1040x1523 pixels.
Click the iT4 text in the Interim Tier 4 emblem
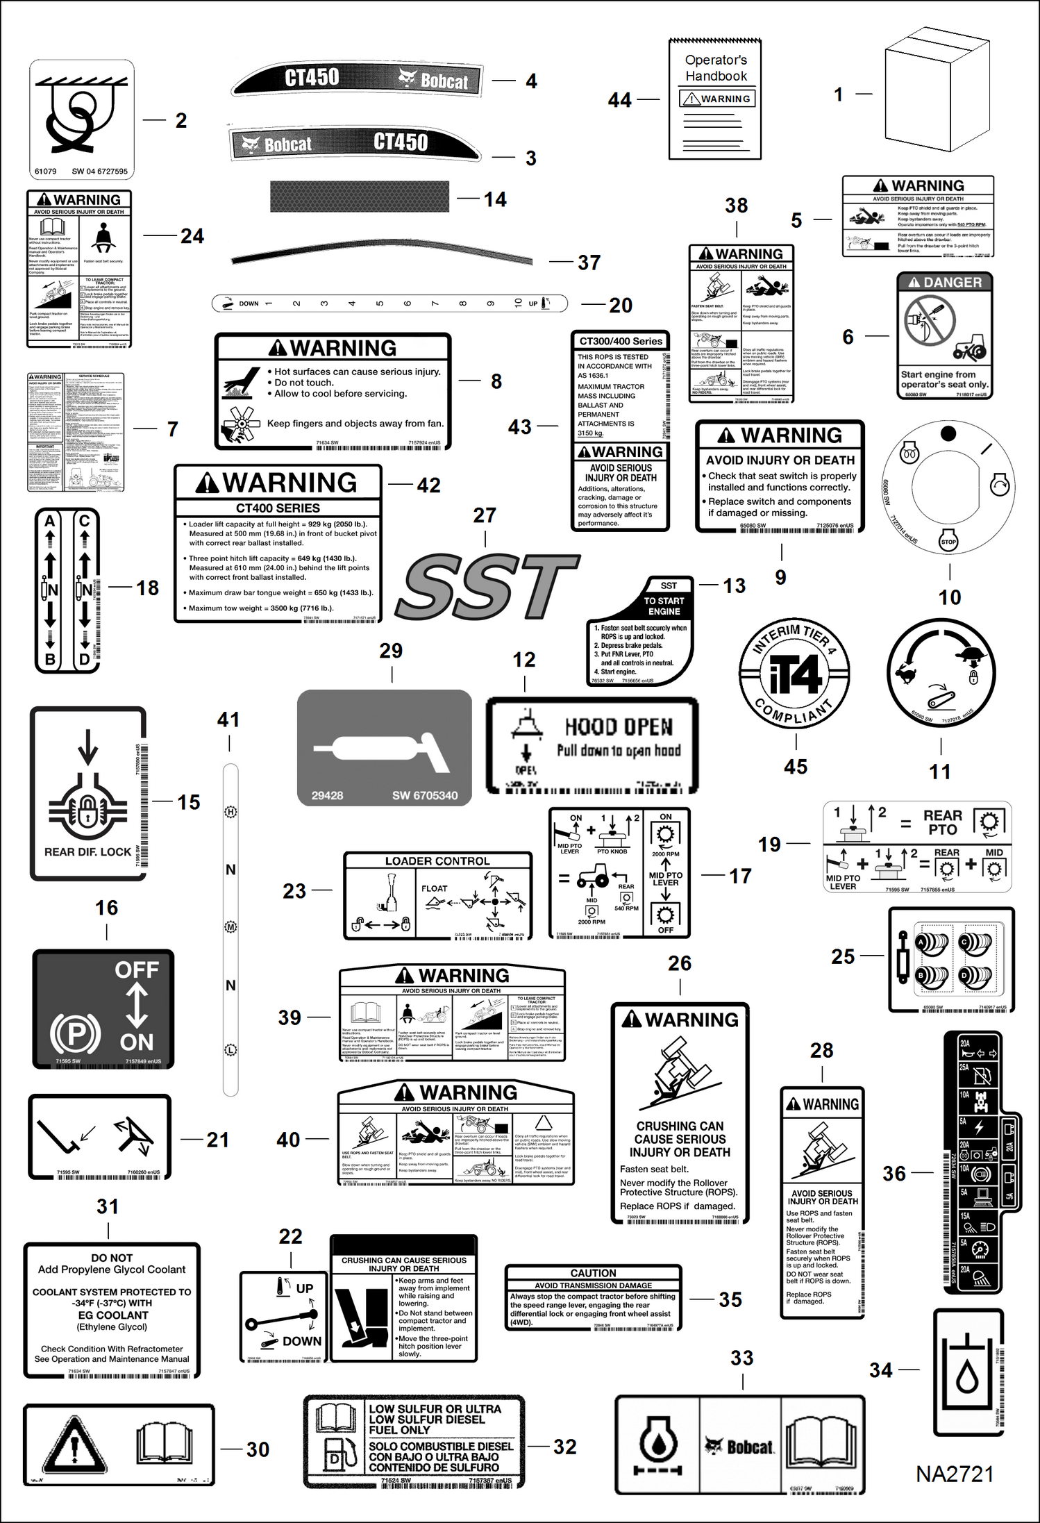click(794, 674)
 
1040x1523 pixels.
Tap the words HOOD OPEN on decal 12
click(619, 727)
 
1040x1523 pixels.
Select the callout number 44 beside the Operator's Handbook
click(619, 100)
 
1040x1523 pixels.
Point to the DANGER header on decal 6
click(945, 283)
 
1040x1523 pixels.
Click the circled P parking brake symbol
click(75, 1033)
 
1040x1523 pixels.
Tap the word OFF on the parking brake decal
click(136, 969)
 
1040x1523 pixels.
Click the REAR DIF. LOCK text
click(87, 852)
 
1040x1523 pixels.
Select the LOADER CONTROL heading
click(437, 861)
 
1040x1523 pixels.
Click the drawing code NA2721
click(955, 1474)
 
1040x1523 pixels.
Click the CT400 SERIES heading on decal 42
click(278, 508)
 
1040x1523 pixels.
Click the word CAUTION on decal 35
click(593, 1273)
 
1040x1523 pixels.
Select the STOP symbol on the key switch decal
click(948, 542)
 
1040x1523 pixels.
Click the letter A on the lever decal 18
click(50, 521)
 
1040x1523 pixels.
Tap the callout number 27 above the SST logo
click(485, 515)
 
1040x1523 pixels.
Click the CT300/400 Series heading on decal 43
click(621, 341)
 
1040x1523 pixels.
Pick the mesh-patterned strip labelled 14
click(360, 197)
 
